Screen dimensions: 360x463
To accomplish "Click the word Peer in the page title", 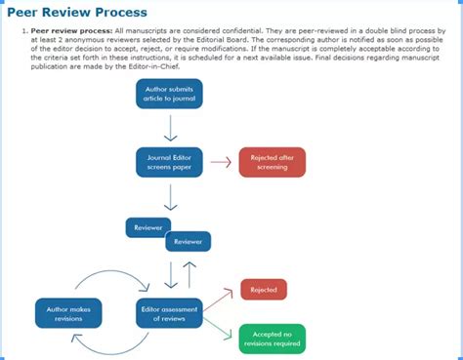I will [x=27, y=13].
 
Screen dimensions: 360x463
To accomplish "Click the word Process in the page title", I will [x=117, y=13].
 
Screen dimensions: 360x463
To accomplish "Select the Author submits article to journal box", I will [x=169, y=94].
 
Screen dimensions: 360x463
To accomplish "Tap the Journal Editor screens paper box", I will [x=169, y=162].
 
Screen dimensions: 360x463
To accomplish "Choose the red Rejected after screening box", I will [x=273, y=163].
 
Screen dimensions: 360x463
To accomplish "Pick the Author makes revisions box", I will [x=67, y=312].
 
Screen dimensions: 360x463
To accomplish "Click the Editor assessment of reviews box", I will [x=169, y=312].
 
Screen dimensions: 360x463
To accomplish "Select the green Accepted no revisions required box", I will [x=273, y=339].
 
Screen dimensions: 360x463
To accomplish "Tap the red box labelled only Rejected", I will [x=263, y=289].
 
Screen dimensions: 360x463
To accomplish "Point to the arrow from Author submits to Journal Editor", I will [x=170, y=127].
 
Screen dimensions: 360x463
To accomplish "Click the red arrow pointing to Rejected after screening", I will [x=221, y=163].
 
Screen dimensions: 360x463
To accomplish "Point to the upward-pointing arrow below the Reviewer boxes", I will [x=189, y=274].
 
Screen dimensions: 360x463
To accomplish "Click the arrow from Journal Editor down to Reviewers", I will [x=170, y=197].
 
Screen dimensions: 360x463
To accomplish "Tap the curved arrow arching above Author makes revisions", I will [x=103, y=278].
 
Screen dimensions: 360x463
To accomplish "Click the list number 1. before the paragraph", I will [x=23, y=32].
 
